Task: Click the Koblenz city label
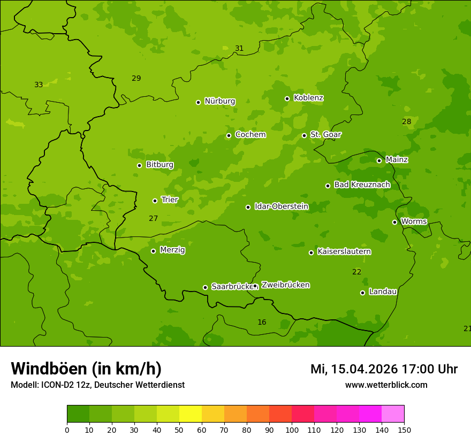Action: [x=308, y=98]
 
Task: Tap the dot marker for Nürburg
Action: [x=198, y=102]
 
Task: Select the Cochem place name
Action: [x=250, y=134]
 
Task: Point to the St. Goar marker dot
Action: [x=304, y=135]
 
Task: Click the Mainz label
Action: [x=397, y=159]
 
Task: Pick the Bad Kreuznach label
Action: [x=362, y=185]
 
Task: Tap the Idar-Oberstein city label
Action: [x=281, y=206]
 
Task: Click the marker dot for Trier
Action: [x=155, y=201]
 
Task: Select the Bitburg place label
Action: [x=159, y=164]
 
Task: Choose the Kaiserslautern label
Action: [x=344, y=251]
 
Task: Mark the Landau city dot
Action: [x=362, y=293]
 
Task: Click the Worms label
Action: [x=414, y=221]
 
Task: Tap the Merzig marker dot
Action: [x=153, y=251]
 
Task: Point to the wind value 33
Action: [x=39, y=85]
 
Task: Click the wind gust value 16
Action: [x=262, y=322]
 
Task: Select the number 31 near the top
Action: [x=239, y=48]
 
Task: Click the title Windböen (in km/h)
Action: [x=86, y=369]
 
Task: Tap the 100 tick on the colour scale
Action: [x=292, y=430]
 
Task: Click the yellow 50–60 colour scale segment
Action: [x=191, y=414]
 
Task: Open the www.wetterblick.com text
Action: [x=386, y=385]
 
